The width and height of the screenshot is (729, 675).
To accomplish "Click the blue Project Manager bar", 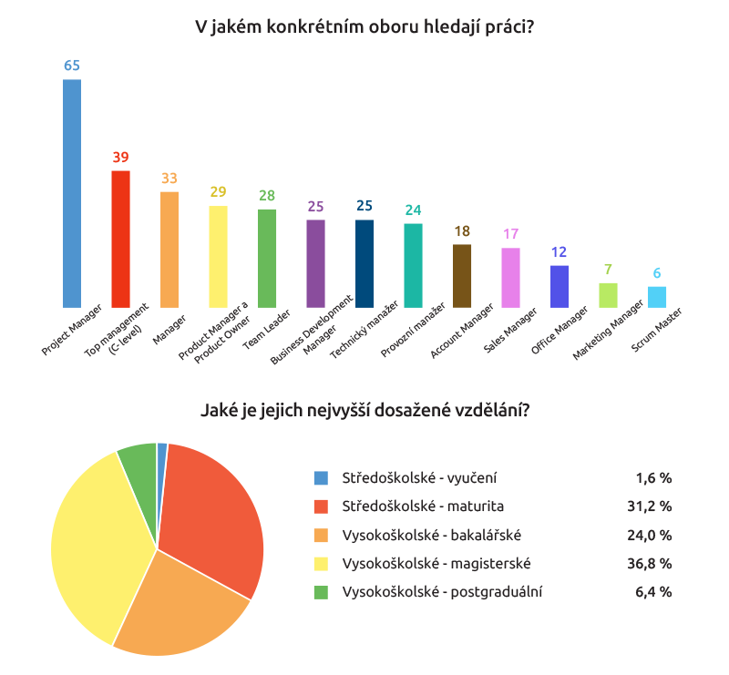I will [x=71, y=193].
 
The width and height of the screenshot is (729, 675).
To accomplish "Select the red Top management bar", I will [x=120, y=239].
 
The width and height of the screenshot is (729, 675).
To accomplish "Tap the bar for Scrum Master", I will [x=656, y=297].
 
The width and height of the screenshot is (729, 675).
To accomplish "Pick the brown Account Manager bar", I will [x=462, y=275].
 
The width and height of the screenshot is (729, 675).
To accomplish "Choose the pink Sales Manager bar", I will [x=510, y=277].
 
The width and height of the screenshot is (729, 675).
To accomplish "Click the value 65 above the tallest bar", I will [x=71, y=66].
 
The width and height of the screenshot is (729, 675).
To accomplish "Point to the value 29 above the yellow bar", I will [x=218, y=192].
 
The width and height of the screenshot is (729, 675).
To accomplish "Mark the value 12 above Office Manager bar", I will [x=559, y=252].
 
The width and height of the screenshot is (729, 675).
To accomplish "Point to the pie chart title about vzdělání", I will [x=364, y=411].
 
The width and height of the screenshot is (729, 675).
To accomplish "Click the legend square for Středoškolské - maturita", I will [x=321, y=506].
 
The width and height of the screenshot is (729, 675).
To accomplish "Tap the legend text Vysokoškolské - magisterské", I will [x=436, y=563].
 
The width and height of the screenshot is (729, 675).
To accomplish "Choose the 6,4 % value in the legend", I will [x=653, y=592].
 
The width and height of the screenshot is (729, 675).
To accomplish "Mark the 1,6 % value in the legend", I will [x=653, y=477].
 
